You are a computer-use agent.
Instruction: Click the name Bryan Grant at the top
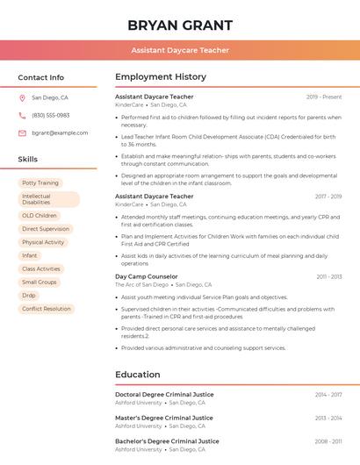(180, 25)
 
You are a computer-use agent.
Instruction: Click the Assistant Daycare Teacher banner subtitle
(180, 50)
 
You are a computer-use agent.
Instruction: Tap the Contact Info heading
(41, 77)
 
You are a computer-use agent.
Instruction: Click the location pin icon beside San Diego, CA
(22, 97)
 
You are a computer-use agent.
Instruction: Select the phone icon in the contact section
(22, 115)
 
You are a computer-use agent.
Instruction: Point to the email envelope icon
(22, 132)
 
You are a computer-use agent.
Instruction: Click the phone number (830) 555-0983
(51, 115)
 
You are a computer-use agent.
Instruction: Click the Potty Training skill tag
(40, 182)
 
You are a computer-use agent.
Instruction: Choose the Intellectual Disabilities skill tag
(49, 199)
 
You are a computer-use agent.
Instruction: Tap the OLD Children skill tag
(40, 215)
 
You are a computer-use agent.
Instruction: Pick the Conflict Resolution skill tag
(47, 309)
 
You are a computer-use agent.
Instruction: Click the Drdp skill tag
(30, 296)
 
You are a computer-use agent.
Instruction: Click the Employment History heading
(161, 77)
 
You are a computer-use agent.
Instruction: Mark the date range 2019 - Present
(324, 97)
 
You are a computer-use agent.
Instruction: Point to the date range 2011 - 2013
(329, 276)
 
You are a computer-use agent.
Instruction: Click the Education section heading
(138, 375)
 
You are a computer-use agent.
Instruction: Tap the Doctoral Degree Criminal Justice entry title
(163, 395)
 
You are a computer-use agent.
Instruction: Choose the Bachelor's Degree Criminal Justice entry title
(167, 441)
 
